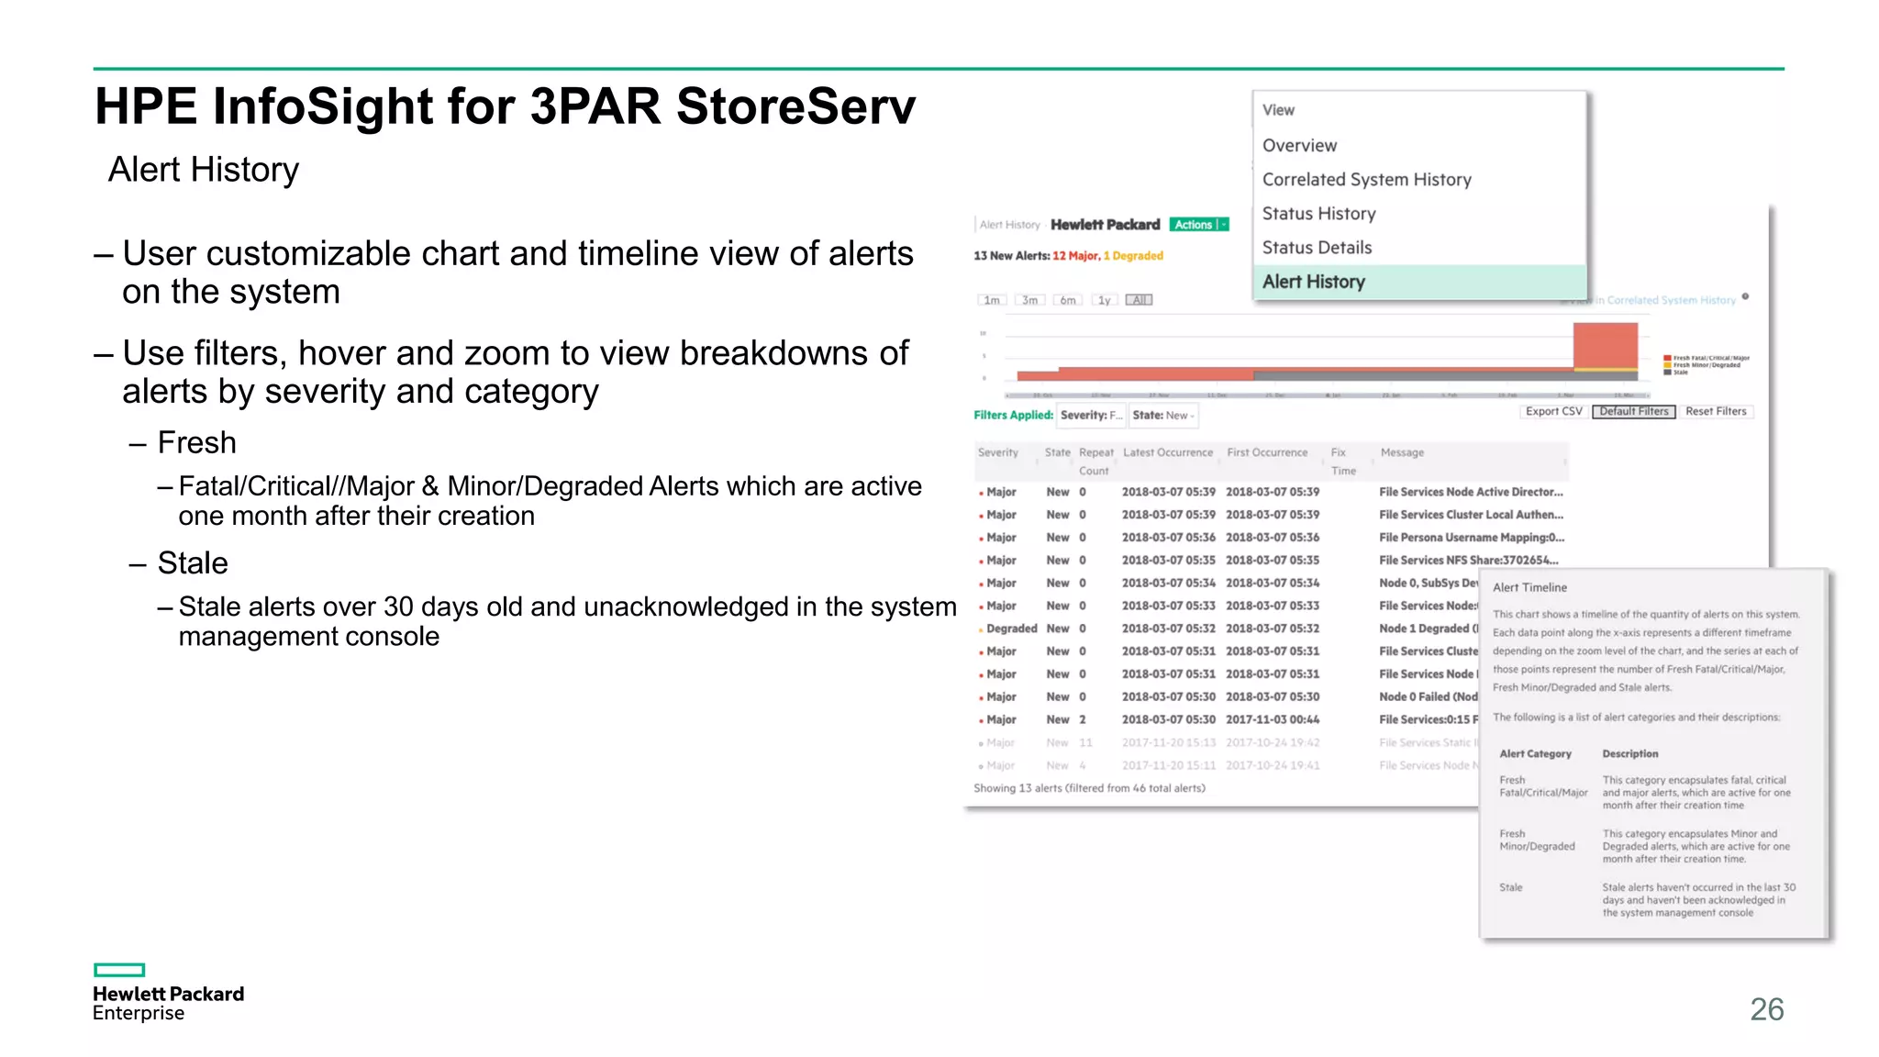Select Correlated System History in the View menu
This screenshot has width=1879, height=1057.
tap(1366, 180)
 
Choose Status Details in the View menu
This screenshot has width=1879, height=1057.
tap(1317, 248)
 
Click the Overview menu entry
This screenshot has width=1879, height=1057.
tap(1299, 146)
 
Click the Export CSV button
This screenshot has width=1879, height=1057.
tap(1553, 412)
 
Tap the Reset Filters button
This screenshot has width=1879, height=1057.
tap(1716, 412)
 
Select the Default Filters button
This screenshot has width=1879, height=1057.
tap(1633, 412)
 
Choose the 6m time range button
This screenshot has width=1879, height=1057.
tap(1068, 301)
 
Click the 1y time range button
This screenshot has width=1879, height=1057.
tap(1105, 301)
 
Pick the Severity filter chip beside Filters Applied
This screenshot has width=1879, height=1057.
tap(1091, 416)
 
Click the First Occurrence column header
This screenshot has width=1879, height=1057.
tap(1267, 453)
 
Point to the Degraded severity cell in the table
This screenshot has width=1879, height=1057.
tap(1011, 629)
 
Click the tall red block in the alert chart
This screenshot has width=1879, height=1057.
tap(1605, 345)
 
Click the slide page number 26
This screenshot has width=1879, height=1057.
tap(1766, 1009)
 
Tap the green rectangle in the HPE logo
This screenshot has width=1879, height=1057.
tap(119, 970)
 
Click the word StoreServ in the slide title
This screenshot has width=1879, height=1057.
tap(795, 106)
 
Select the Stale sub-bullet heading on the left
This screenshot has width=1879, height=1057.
tap(193, 563)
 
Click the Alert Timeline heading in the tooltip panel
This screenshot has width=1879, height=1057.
tap(1529, 588)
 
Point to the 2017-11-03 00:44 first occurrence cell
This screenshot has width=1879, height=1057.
tap(1273, 720)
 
